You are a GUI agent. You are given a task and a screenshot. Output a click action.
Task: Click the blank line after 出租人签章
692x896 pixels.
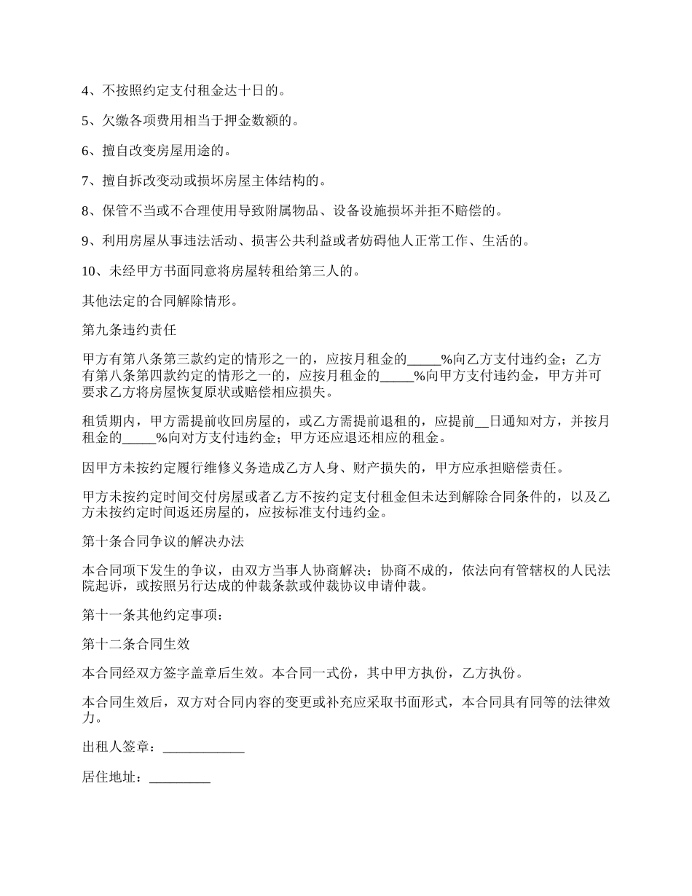pyautogui.click(x=203, y=748)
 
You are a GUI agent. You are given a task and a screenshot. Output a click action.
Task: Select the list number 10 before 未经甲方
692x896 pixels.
pyautogui.click(x=89, y=272)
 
